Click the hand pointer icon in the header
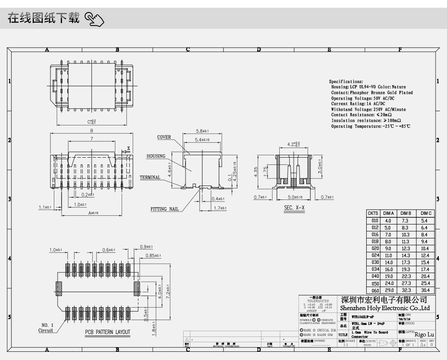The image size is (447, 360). (x=94, y=19)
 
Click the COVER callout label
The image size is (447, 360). (x=164, y=137)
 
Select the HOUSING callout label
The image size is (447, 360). (x=156, y=156)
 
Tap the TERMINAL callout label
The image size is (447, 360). (x=150, y=177)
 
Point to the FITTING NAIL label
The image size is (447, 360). (x=164, y=209)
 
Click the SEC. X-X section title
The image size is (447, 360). (x=294, y=208)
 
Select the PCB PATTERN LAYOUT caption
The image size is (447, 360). (x=108, y=332)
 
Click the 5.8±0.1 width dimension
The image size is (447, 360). (x=202, y=131)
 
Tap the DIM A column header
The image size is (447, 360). (x=388, y=213)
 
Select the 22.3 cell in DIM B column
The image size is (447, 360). (x=406, y=276)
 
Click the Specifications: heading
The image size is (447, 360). (x=346, y=82)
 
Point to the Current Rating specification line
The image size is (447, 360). (x=358, y=104)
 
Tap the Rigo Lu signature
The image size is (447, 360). (x=424, y=334)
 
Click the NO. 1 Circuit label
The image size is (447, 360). (x=46, y=327)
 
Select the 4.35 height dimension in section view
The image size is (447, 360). (x=257, y=172)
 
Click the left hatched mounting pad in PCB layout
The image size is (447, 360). (x=60, y=287)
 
